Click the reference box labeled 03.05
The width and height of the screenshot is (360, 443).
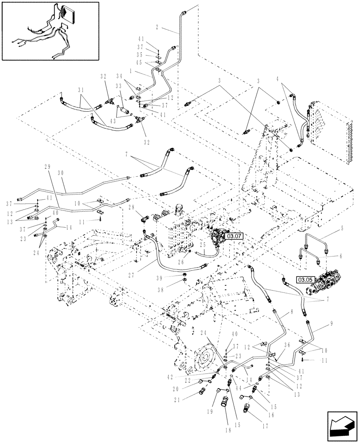coord(305,280)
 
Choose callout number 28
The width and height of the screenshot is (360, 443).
coord(131,207)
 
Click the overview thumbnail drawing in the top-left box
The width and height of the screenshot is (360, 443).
coord(50,31)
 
